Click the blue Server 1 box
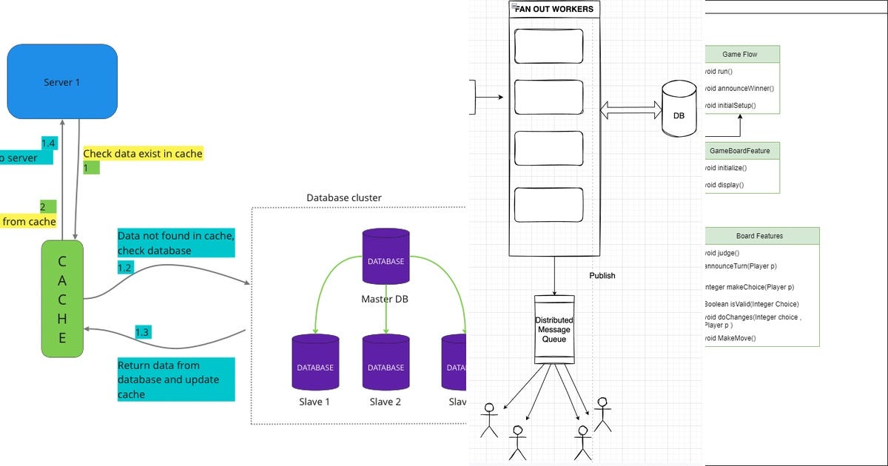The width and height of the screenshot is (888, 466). click(x=62, y=81)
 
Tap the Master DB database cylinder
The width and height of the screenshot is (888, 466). click(x=386, y=257)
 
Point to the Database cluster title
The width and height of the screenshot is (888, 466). click(x=344, y=198)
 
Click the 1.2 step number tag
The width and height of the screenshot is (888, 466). click(x=126, y=267)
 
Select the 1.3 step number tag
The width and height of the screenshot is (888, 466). click(x=143, y=333)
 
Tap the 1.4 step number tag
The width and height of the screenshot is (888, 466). click(x=49, y=143)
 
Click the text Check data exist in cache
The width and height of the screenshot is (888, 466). click(x=142, y=154)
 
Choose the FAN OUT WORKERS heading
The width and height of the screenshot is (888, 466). click(x=554, y=10)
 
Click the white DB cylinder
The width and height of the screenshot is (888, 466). click(x=679, y=109)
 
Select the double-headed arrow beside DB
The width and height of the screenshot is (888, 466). click(x=629, y=111)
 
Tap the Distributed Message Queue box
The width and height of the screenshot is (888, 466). click(x=554, y=329)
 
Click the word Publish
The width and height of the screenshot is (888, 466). click(x=602, y=276)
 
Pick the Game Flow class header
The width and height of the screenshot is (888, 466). click(x=740, y=55)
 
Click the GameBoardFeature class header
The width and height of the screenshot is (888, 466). click(x=740, y=151)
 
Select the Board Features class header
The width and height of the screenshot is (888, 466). click(x=759, y=236)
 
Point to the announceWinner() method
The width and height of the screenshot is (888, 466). click(x=740, y=89)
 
